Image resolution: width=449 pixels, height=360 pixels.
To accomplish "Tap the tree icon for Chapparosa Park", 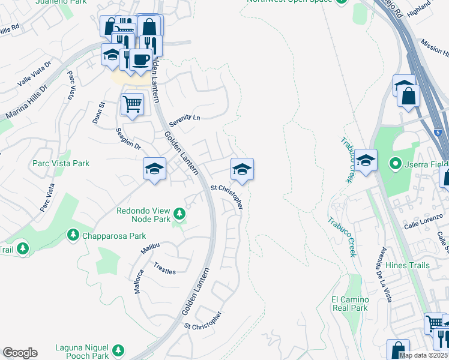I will pos(73,233).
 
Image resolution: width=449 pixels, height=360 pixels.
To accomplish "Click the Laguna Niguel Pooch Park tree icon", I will pos(118,350).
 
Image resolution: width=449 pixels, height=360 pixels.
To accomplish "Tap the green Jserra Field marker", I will pos(395,163).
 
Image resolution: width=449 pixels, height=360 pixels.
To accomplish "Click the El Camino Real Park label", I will pos(349,303).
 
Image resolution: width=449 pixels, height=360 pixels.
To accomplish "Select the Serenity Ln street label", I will pos(184,119).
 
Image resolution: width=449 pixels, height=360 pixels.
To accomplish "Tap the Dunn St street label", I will pos(99,113).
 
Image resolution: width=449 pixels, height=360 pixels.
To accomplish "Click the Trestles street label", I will pos(164,268).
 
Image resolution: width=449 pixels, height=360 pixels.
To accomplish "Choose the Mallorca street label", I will pos(139,281).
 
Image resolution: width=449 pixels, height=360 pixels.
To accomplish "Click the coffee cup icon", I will pos(140,61).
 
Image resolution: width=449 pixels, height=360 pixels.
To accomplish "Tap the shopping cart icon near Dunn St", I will pos(132,103).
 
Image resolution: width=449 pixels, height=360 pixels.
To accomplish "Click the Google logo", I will pos(20,353).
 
